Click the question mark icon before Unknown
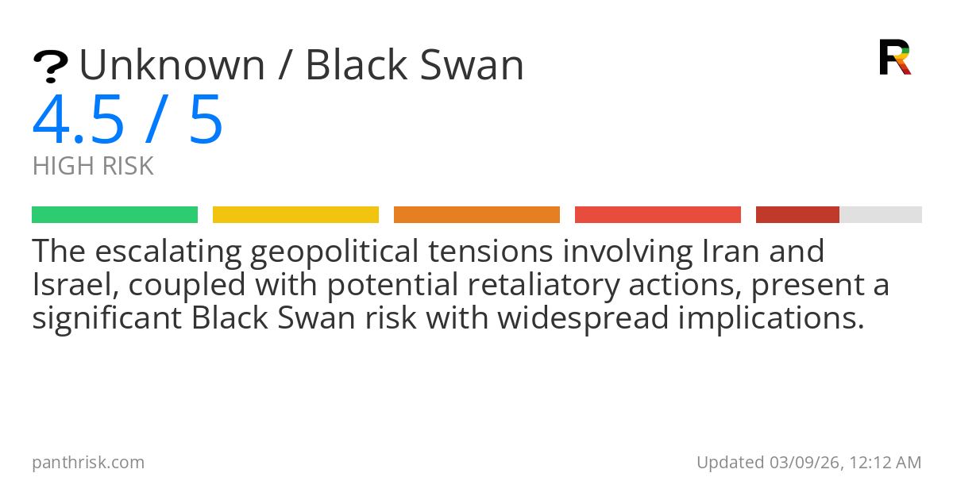(x=50, y=67)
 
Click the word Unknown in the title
(x=172, y=65)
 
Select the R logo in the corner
(x=894, y=57)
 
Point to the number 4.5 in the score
(x=79, y=121)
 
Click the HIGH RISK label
(x=93, y=167)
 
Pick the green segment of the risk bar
(x=114, y=214)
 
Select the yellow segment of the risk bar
(x=295, y=214)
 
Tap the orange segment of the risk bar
(x=476, y=214)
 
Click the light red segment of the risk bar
(x=658, y=214)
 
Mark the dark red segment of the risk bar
(x=797, y=214)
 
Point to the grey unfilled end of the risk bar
(x=881, y=214)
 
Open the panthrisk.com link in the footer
(x=88, y=463)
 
